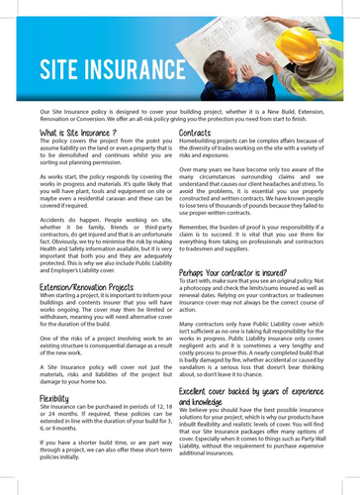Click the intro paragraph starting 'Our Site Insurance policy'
tap(179, 115)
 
